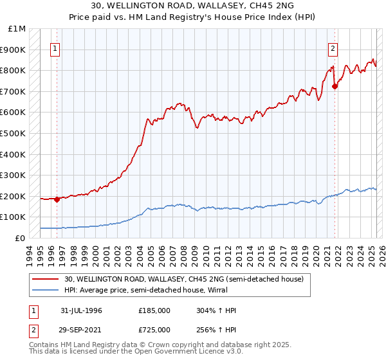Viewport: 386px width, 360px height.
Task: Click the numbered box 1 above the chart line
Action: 55,49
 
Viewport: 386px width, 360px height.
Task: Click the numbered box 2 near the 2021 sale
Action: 333,49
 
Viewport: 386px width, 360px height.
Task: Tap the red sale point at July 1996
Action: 57,199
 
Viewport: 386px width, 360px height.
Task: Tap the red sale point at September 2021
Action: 335,86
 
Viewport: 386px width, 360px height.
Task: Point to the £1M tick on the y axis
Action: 17,29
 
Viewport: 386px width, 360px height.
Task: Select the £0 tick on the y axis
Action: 21,238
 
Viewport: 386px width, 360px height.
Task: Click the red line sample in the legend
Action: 47,278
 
